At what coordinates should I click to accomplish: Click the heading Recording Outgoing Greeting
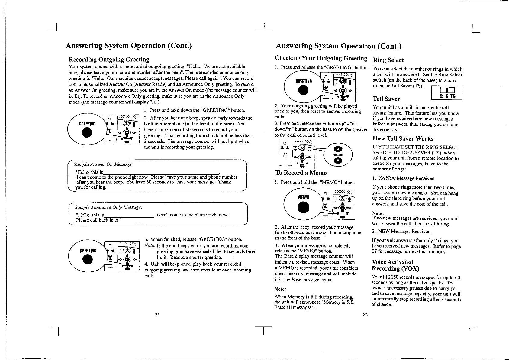(109, 60)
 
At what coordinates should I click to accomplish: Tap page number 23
(157, 315)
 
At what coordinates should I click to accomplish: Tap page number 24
(365, 315)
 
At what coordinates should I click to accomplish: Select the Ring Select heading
(388, 60)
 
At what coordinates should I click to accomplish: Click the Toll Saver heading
(386, 99)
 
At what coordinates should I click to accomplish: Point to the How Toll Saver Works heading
(403, 139)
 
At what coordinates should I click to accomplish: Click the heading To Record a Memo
(301, 173)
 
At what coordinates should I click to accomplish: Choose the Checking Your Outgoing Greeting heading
(321, 58)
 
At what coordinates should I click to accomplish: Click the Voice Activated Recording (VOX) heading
(395, 265)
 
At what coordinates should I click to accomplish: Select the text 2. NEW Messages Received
(401, 232)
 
